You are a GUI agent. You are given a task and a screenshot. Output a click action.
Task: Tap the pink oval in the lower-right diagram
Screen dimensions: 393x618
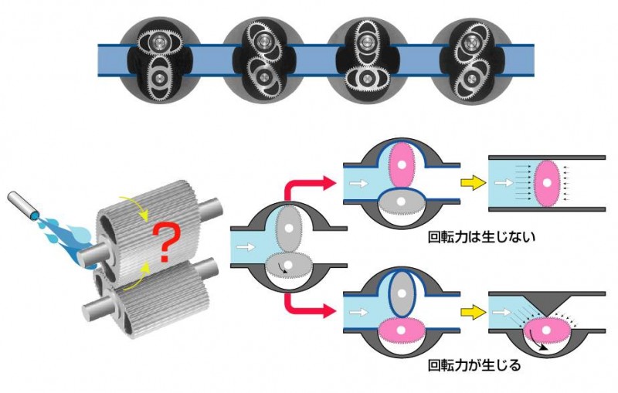546,331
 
